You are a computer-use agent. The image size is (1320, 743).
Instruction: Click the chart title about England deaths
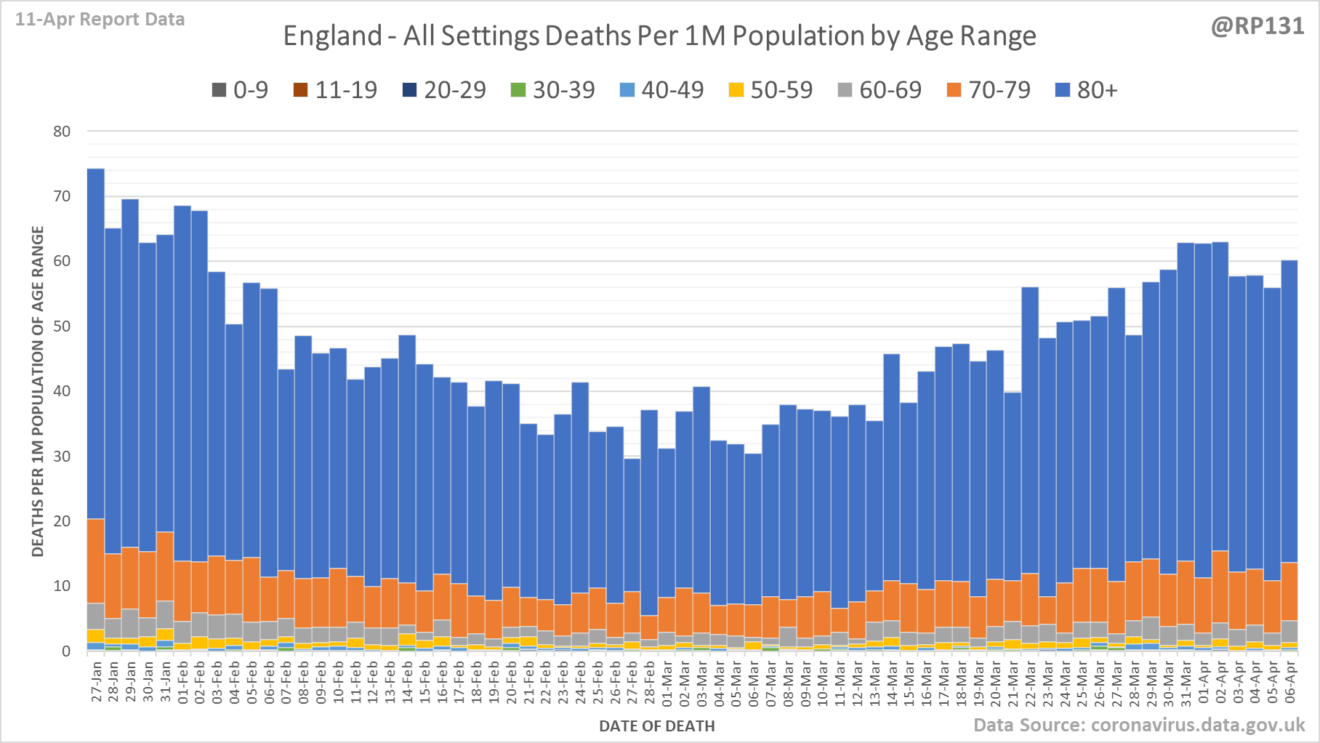[x=659, y=36]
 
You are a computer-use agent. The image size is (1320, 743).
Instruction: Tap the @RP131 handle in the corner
[x=1257, y=26]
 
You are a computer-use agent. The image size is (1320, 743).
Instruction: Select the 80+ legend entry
[x=1086, y=90]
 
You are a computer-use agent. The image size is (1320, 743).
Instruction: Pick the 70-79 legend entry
[x=989, y=90]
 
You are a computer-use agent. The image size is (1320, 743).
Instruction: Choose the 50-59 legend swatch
[x=736, y=90]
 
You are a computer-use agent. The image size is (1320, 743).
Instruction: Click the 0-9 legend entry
[x=240, y=90]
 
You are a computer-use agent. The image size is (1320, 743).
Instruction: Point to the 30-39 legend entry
[x=553, y=90]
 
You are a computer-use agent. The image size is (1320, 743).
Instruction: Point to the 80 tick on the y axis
[x=62, y=132]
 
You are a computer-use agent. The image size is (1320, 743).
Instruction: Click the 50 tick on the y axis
[x=62, y=326]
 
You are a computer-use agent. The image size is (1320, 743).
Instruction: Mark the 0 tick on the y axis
[x=66, y=651]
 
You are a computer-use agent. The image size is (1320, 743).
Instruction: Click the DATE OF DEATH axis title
[x=656, y=726]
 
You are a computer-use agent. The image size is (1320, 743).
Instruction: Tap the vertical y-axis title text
[x=39, y=391]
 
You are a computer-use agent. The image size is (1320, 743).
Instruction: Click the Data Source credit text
[x=1139, y=725]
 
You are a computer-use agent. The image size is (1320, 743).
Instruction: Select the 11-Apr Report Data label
[x=100, y=20]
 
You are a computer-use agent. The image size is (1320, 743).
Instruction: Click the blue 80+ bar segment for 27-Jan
[x=96, y=342]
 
